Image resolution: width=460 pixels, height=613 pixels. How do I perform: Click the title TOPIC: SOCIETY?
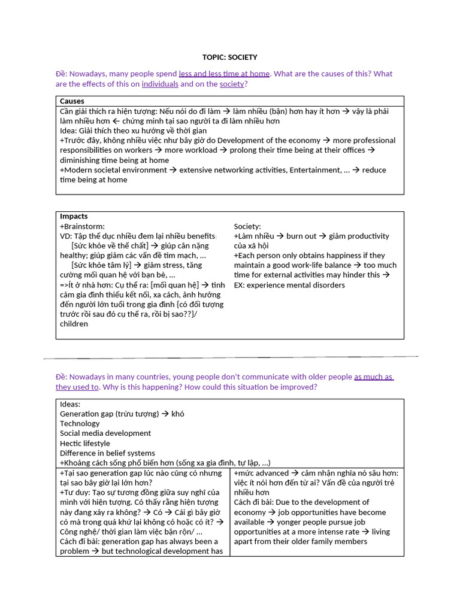(x=230, y=57)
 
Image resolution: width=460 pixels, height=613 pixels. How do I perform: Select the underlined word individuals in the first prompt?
(x=160, y=84)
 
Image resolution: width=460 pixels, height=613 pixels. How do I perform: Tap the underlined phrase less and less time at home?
(x=224, y=74)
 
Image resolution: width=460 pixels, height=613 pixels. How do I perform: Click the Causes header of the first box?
(x=72, y=101)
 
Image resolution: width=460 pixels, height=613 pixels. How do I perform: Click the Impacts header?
(x=74, y=216)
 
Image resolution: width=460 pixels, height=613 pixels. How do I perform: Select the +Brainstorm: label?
(x=82, y=226)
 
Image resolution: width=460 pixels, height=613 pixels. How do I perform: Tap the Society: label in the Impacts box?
(x=247, y=226)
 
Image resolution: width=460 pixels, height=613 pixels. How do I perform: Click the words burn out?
(x=301, y=236)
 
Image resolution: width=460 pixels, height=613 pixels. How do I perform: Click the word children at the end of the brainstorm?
(x=74, y=324)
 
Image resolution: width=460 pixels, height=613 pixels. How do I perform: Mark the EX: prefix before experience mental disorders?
(x=239, y=285)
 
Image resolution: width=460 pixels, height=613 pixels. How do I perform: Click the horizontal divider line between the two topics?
(x=230, y=357)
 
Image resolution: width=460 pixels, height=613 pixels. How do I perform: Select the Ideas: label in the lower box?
(x=70, y=404)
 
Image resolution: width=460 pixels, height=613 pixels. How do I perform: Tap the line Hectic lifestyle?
(x=85, y=444)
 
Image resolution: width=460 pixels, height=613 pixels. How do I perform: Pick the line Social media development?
(x=105, y=433)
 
